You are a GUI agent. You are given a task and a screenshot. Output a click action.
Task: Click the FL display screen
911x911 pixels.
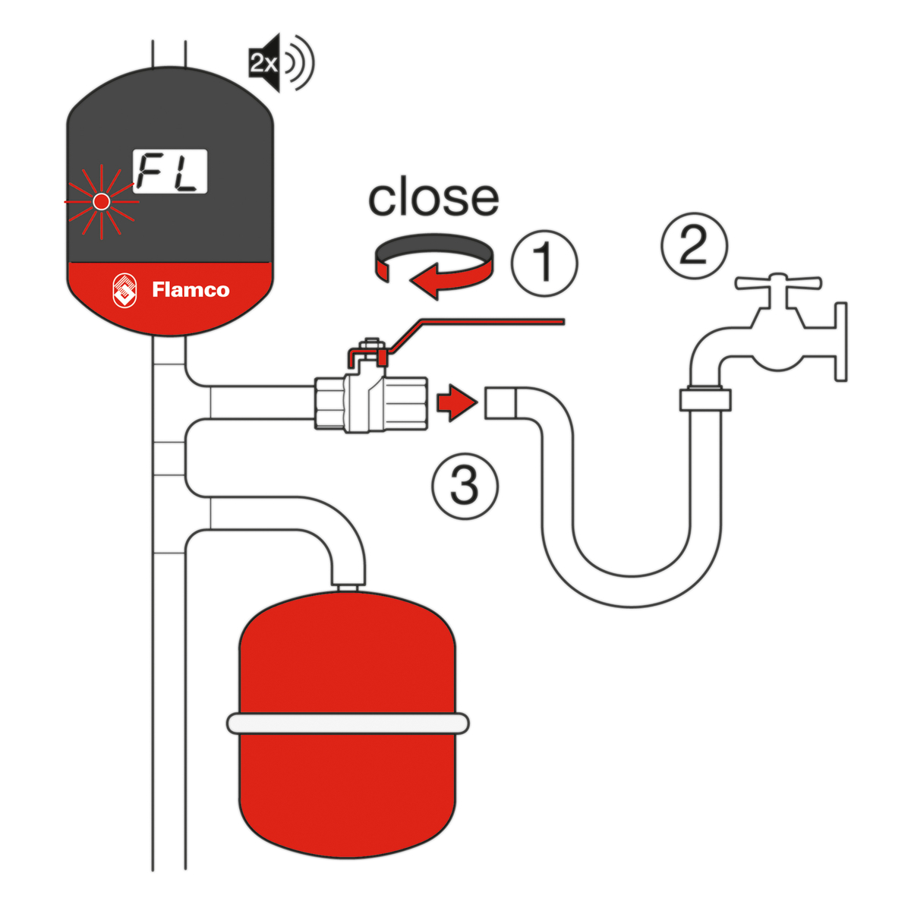point(171,172)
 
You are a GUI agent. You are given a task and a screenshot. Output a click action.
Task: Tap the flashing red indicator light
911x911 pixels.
point(100,201)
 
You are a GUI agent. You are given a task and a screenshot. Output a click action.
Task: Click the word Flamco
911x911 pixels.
point(191,290)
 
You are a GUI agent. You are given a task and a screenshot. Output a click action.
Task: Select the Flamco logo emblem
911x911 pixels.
point(126,290)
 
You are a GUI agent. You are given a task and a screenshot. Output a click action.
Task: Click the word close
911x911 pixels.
point(433,198)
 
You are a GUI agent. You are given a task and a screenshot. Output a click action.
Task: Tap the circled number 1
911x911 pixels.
point(544,262)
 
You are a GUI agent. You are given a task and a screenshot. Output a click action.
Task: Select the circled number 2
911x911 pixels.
point(694,244)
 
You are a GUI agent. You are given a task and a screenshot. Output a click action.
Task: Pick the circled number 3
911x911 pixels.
point(465,485)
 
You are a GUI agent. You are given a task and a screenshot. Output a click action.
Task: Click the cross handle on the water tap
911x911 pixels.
point(778,284)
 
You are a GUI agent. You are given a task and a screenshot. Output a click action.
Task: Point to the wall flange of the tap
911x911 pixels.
point(840,342)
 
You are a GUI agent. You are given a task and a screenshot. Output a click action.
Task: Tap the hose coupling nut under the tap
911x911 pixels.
point(705,399)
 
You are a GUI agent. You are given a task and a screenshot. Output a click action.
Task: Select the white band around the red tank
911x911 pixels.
point(348,723)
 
